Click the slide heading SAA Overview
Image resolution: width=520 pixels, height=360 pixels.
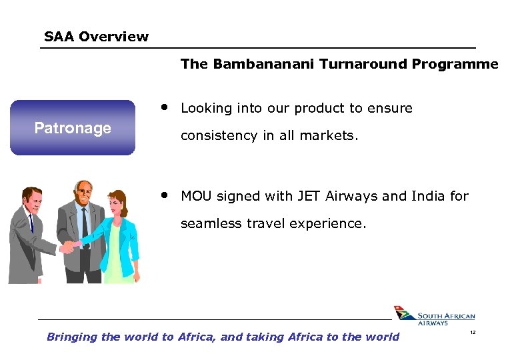96,37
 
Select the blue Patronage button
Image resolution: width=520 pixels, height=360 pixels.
73,127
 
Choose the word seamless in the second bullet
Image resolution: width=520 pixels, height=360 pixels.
209,224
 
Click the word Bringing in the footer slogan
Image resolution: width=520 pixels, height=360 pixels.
72,337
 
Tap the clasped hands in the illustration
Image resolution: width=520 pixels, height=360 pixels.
68,247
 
